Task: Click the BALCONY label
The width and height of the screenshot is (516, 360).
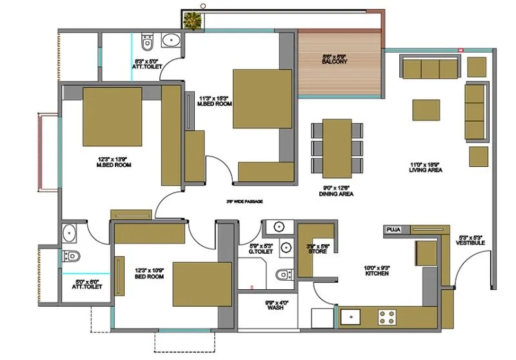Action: coord(335,62)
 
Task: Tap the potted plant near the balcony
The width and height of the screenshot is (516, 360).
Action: coord(192,21)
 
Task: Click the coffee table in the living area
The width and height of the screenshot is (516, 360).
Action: coord(426,109)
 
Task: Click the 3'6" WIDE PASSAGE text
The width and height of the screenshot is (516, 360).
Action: coord(244,202)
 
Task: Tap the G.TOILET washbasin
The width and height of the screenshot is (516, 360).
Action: coord(279,227)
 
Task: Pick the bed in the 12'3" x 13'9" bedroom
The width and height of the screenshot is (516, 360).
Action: coord(112,118)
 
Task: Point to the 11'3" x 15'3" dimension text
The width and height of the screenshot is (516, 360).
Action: coord(213,99)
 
